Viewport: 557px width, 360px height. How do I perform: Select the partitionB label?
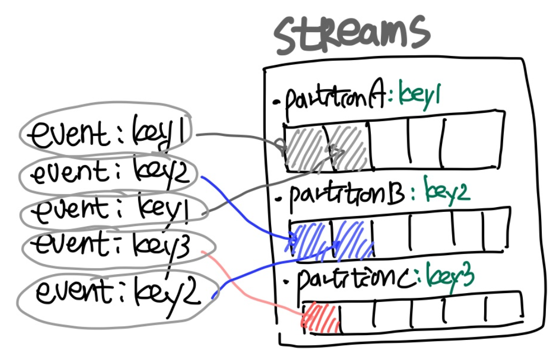click(345, 196)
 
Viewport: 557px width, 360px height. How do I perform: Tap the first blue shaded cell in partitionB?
click(311, 240)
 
